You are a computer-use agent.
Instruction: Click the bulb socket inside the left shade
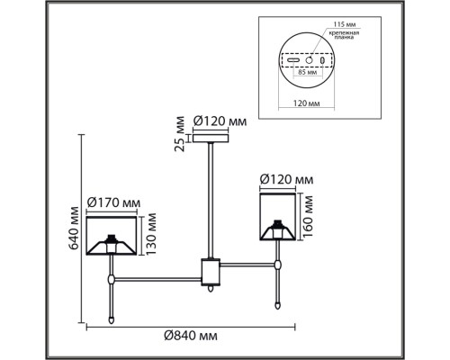tap(112, 240)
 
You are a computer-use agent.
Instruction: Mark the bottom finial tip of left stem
tap(112, 319)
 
